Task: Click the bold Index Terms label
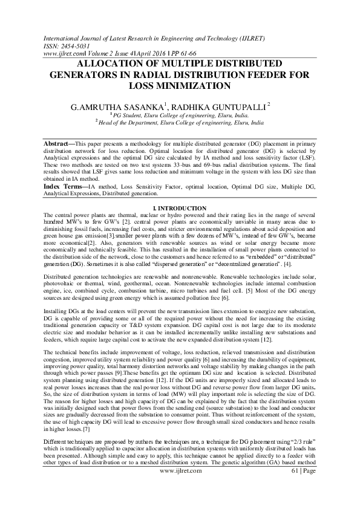tap(63, 189)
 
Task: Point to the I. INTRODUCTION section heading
tap(180, 208)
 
